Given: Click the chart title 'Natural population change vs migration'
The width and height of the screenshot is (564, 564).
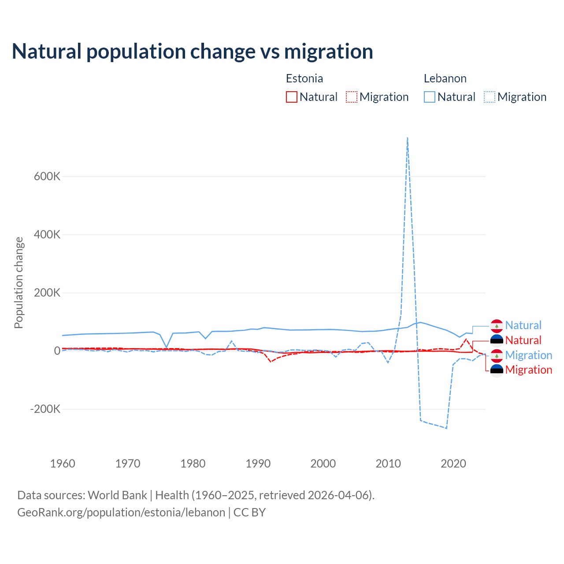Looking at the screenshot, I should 193,52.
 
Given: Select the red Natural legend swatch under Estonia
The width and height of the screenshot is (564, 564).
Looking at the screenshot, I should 291,97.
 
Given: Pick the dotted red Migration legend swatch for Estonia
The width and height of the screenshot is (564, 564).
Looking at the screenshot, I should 352,97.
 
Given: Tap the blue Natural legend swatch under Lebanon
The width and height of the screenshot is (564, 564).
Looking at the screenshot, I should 430,97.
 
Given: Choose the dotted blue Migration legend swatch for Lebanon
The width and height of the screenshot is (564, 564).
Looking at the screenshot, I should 490,97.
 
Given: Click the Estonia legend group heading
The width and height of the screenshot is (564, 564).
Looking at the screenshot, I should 304,78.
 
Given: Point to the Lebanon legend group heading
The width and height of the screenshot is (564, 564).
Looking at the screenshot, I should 445,78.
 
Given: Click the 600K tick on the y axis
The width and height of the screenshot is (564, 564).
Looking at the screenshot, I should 47,176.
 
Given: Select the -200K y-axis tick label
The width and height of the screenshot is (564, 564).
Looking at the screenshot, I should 45,409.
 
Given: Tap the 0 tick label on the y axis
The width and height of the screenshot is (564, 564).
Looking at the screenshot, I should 57,351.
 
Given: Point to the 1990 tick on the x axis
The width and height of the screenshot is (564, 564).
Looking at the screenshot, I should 258,464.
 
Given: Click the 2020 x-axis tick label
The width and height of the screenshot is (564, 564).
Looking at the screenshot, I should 453,464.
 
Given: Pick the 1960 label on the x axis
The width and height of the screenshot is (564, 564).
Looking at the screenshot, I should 63,464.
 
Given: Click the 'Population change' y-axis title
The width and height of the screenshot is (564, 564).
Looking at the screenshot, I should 19,282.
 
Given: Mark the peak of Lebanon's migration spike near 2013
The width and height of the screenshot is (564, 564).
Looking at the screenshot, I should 408,138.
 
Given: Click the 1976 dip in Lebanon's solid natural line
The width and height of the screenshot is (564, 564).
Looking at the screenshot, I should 167,347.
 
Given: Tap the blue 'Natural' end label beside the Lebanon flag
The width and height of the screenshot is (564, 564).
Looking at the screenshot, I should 523,325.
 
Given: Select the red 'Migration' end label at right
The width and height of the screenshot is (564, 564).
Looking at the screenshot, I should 528,370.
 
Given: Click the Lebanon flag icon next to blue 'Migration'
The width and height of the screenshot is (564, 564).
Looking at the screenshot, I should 497,355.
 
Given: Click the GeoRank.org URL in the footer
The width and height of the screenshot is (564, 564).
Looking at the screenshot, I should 121,512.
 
